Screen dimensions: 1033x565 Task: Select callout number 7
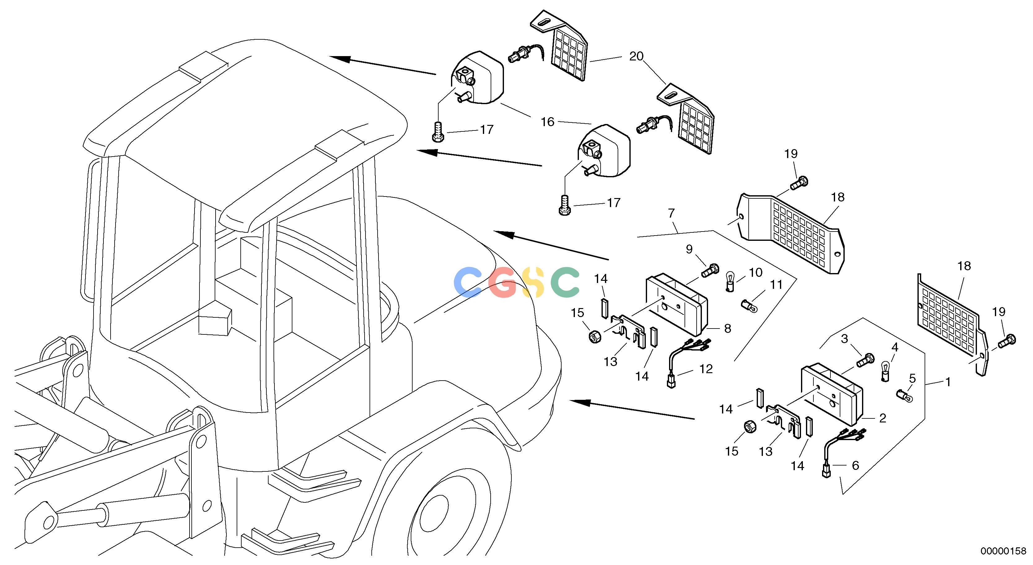click(671, 213)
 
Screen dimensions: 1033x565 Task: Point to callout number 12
click(706, 369)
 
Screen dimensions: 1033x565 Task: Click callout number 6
click(855, 466)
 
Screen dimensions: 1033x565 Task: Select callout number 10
click(755, 272)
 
